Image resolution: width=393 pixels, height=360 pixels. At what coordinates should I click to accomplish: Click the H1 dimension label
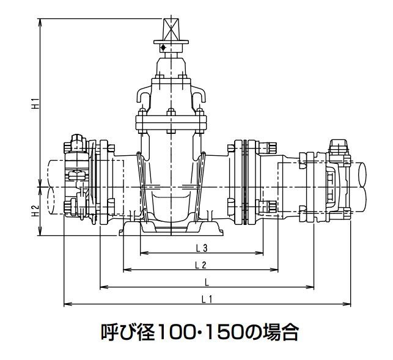point(35,103)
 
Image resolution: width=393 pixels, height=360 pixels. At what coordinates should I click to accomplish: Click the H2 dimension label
point(35,211)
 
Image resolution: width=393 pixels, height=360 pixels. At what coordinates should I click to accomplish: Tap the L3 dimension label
point(202,248)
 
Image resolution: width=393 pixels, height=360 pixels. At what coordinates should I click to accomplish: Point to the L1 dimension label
point(207,299)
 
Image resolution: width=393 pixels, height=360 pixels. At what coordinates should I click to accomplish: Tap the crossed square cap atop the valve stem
point(171,29)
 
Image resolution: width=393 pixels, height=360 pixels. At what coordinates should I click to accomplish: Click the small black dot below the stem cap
point(163,48)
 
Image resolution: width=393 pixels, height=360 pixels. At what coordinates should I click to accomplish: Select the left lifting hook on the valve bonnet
point(144,94)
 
